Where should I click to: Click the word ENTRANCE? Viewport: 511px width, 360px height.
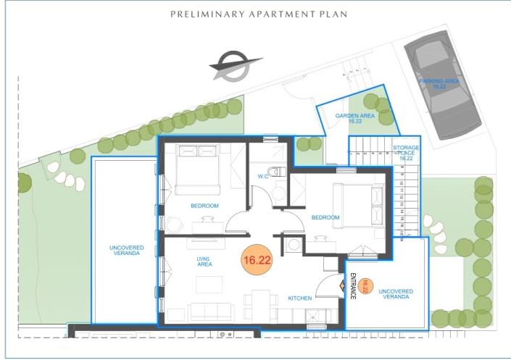coord(353,286)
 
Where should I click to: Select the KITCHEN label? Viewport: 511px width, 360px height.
coord(300,298)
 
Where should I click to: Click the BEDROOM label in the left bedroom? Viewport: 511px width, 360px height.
coord(204,206)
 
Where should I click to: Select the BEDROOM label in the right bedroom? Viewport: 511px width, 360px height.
coord(325,217)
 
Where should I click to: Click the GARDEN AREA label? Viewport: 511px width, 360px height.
coord(354,118)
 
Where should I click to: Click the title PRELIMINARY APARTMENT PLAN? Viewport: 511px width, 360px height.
coord(259,14)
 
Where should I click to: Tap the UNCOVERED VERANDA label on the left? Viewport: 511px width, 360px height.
coord(128,251)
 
